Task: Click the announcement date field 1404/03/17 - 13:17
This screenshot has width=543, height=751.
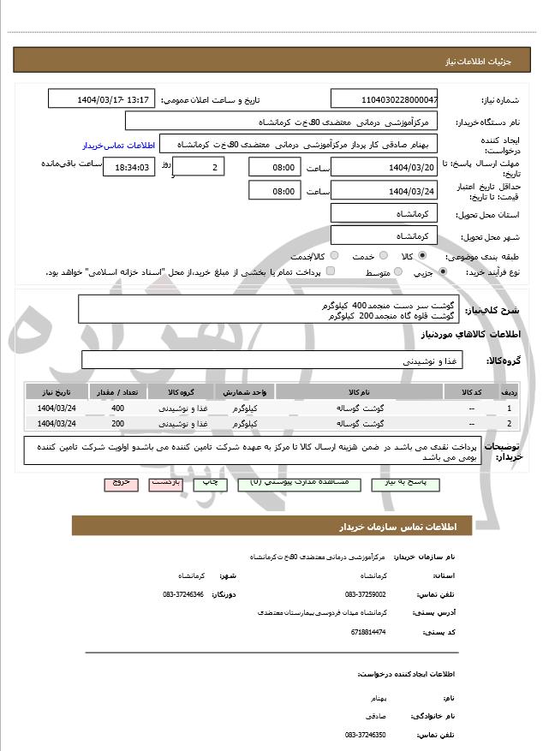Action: [101, 99]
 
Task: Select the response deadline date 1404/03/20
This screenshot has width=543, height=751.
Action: [384, 167]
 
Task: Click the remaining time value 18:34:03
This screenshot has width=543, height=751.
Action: [128, 168]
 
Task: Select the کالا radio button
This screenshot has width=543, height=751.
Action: [422, 256]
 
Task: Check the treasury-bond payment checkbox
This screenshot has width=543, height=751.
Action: [331, 272]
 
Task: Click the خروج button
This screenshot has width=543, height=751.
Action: [120, 484]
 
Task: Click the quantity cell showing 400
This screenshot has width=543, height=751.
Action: [117, 408]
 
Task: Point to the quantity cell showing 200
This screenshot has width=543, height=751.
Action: [117, 424]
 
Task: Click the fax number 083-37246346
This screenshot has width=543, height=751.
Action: [182, 593]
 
